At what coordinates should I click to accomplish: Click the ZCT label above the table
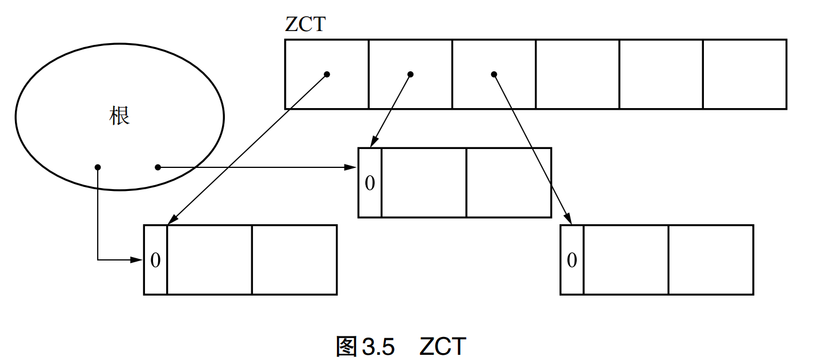click(x=306, y=24)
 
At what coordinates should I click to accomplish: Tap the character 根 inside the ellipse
click(x=120, y=116)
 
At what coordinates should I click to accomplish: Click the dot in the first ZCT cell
click(x=327, y=74)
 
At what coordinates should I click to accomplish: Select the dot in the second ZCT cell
click(x=410, y=74)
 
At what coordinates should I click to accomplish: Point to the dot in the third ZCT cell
click(x=493, y=74)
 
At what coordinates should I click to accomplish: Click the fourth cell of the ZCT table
click(x=577, y=74)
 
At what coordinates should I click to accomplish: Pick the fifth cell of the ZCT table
click(x=661, y=74)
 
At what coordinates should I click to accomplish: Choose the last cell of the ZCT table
click(x=744, y=74)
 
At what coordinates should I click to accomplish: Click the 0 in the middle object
click(x=370, y=183)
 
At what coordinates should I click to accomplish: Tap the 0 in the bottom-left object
click(x=155, y=260)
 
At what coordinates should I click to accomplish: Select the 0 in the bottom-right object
click(x=572, y=260)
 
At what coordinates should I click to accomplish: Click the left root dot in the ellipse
click(x=98, y=167)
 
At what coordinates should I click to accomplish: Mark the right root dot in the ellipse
click(x=158, y=167)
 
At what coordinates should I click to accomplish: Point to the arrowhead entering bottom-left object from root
click(x=137, y=260)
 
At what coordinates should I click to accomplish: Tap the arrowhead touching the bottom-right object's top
click(x=568, y=219)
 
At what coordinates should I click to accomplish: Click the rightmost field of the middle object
click(x=508, y=183)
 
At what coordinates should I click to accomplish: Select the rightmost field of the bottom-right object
click(x=711, y=260)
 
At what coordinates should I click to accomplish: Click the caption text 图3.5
click(x=366, y=347)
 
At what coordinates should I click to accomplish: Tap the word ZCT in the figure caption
click(x=443, y=347)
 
